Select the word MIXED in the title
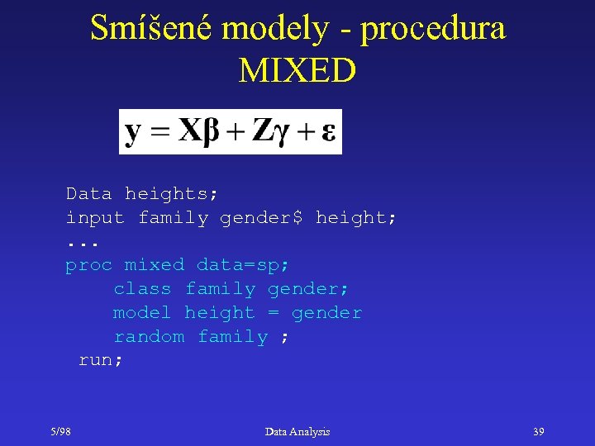tap(297, 70)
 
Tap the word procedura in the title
tap(433, 30)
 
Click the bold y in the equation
tap(132, 132)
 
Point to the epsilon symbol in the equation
tap(328, 133)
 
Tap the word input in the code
tap(95, 218)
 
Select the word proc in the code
tap(88, 265)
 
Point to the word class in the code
tap(142, 289)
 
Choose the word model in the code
tap(142, 313)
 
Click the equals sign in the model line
tap(274, 313)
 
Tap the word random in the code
tap(149, 337)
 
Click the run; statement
tap(100, 361)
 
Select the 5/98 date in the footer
tap(59, 432)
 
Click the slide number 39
tap(538, 432)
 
